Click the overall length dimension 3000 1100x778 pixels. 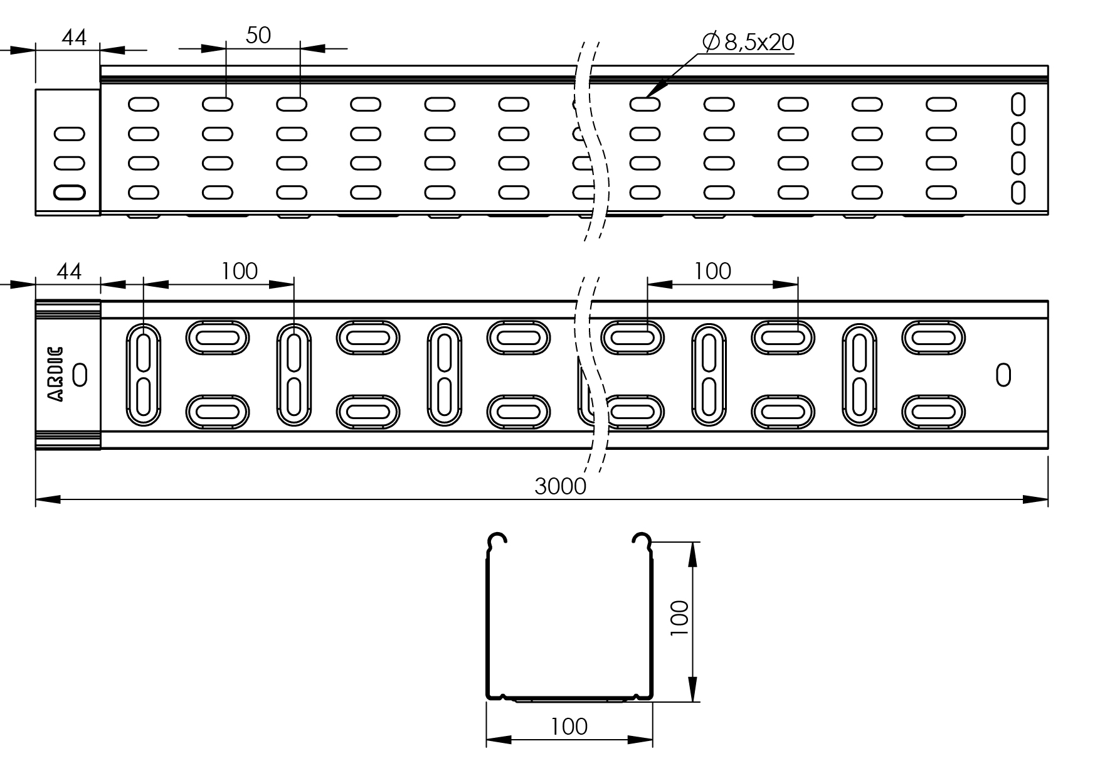pyautogui.click(x=560, y=486)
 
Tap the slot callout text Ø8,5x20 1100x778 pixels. pyautogui.click(x=749, y=42)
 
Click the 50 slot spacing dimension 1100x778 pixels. pyautogui.click(x=258, y=35)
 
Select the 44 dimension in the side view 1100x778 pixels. pyautogui.click(x=74, y=37)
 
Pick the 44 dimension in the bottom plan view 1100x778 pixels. pyautogui.click(x=69, y=272)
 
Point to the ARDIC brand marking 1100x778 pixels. pyautogui.click(x=56, y=374)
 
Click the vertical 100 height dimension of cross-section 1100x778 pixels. pyautogui.click(x=679, y=619)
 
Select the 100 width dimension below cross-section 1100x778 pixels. pyautogui.click(x=569, y=727)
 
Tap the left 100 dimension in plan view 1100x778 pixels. pyautogui.click(x=239, y=271)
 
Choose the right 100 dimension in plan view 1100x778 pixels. pyautogui.click(x=712, y=271)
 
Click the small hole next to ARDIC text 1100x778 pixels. pyautogui.click(x=80, y=375)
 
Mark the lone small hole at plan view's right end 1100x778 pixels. pyautogui.click(x=1003, y=375)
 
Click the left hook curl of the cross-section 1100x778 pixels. pyautogui.click(x=497, y=538)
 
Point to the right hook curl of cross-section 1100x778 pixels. pyautogui.click(x=642, y=538)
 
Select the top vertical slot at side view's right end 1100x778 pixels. pyautogui.click(x=1018, y=105)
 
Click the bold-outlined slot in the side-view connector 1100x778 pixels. pyautogui.click(x=70, y=192)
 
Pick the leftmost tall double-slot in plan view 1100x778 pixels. pyautogui.click(x=144, y=375)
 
